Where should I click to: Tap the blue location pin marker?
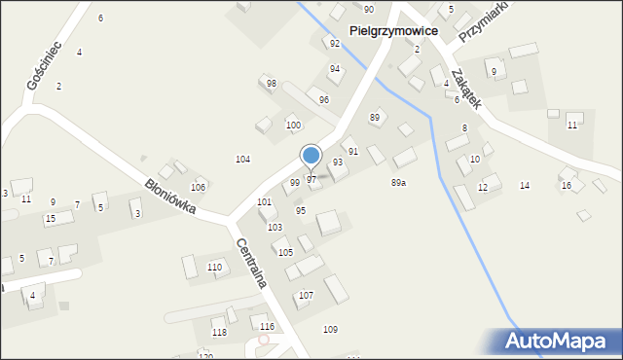311,157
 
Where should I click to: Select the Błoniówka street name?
170,195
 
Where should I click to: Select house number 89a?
399,183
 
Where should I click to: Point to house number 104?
242,159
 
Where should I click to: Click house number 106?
198,187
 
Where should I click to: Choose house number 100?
292,126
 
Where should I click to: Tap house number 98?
271,84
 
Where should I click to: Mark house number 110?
214,267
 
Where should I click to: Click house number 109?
330,330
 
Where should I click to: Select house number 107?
306,295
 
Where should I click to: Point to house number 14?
525,185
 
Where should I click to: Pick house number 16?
567,185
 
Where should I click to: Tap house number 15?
50,219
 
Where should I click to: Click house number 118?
219,333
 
